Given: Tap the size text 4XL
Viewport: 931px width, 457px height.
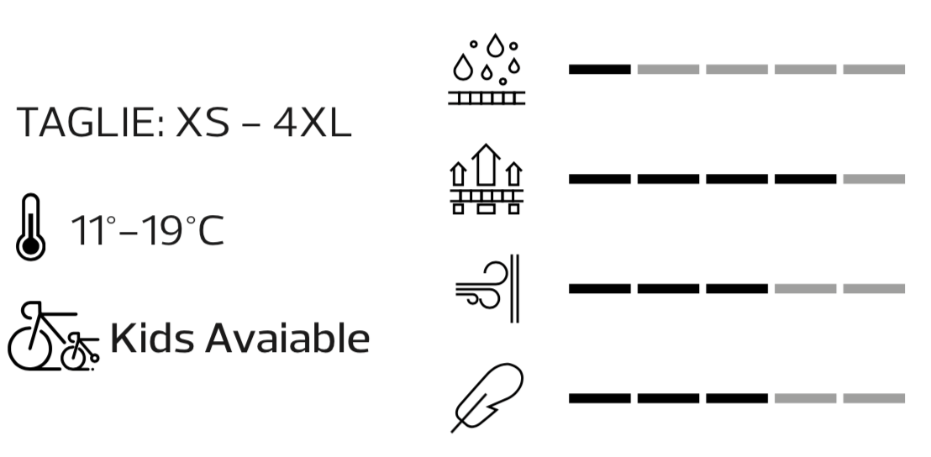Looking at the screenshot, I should [x=312, y=123].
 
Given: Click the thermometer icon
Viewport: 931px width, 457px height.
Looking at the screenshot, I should [x=31, y=228].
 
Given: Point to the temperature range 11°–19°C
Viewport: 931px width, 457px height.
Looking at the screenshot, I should [x=148, y=230].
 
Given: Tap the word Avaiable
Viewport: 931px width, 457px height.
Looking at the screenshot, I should [x=287, y=339].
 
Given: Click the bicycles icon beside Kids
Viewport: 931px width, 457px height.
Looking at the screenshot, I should [x=52, y=338].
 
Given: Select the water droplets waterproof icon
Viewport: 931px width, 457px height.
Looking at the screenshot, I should [x=487, y=71].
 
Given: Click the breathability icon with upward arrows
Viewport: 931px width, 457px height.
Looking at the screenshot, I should [x=487, y=179].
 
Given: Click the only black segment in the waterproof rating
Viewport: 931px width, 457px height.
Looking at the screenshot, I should [x=599, y=69].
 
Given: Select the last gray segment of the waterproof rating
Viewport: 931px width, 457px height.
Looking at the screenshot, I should [x=874, y=69].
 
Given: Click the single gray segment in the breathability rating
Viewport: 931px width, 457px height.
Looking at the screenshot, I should [x=874, y=179].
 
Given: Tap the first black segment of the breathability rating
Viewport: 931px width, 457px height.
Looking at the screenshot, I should [x=599, y=179].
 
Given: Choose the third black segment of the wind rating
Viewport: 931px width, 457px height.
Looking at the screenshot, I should [x=737, y=289].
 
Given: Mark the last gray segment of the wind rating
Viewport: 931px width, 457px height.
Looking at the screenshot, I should [x=874, y=289].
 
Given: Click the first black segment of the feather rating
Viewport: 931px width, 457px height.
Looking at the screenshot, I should [x=599, y=398].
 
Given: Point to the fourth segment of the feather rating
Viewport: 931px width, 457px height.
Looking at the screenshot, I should [x=805, y=398].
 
